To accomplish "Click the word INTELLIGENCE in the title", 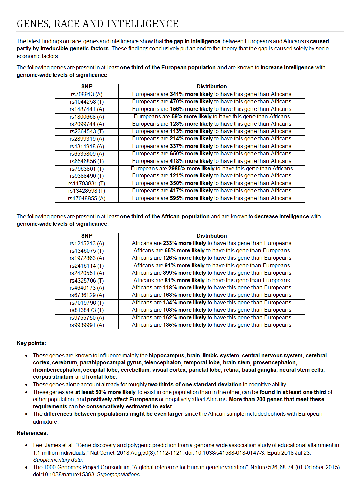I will pyautogui.click(x=143, y=24).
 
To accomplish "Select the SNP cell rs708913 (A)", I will pyautogui.click(x=87, y=94).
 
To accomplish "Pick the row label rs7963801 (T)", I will pyautogui.click(x=87, y=169).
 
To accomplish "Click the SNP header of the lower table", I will pyautogui.click(x=87, y=236).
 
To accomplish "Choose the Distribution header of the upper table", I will pyautogui.click(x=212, y=87).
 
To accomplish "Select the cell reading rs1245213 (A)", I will pyautogui.click(x=87, y=243).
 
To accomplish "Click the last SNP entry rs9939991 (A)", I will pyautogui.click(x=87, y=325).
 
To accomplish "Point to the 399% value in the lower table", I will pyautogui.click(x=170, y=273).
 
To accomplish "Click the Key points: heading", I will pyautogui.click(x=31, y=343).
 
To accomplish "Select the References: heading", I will pyautogui.click(x=32, y=433).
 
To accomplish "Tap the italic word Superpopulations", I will pyautogui.click(x=119, y=474).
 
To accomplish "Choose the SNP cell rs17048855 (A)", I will pyautogui.click(x=87, y=198).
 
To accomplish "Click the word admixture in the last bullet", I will pyautogui.click(x=45, y=422).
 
